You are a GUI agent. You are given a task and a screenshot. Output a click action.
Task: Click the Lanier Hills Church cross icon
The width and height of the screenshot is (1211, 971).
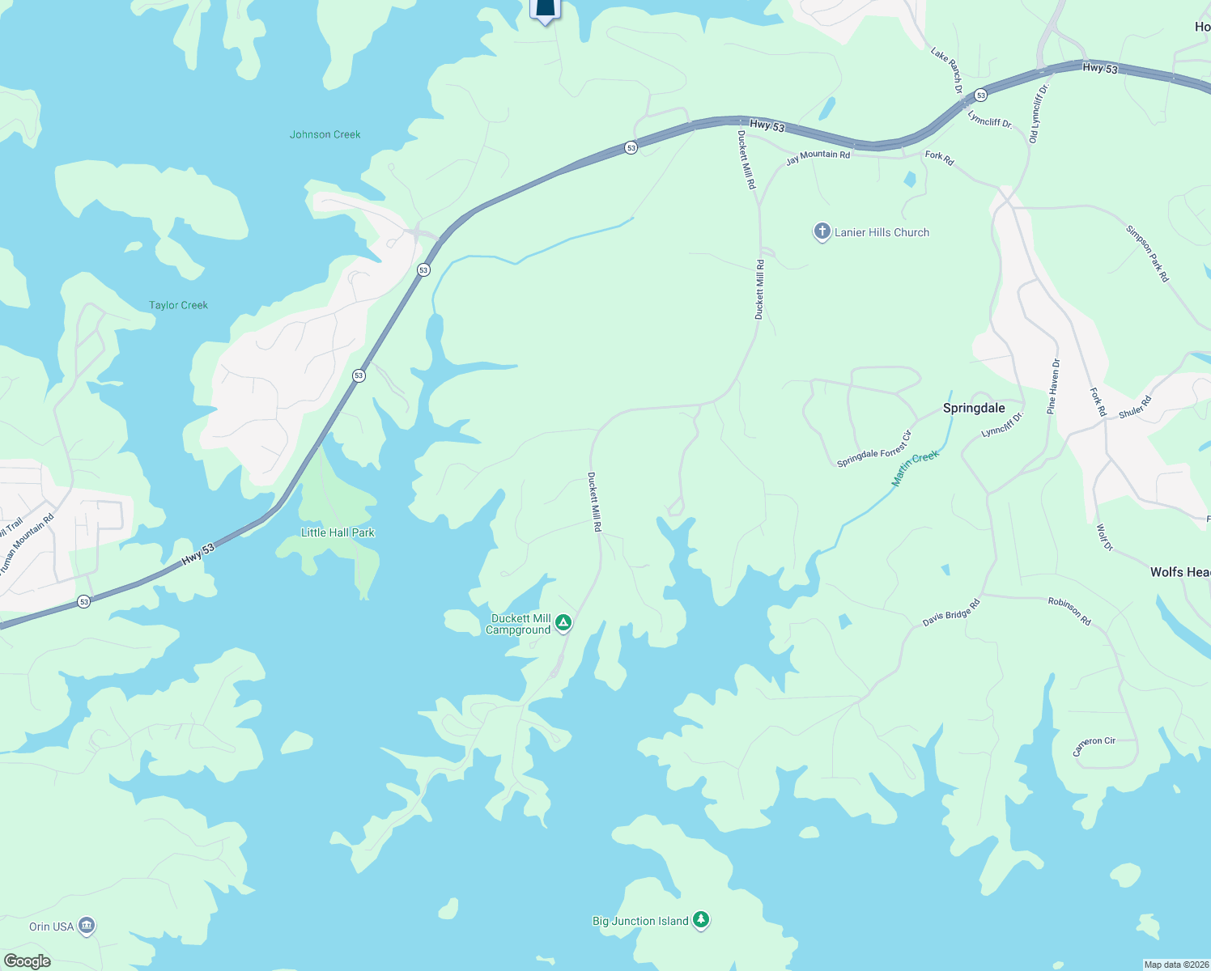coord(822,232)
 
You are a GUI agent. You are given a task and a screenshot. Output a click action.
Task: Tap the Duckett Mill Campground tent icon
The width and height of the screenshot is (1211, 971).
coord(564,623)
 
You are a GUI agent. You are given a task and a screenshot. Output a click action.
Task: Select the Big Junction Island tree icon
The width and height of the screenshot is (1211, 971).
coord(701,920)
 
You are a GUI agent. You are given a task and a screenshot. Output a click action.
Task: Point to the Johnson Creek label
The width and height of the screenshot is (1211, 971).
coord(325,134)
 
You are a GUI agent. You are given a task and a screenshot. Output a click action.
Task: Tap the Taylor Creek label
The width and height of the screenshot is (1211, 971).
coord(178,305)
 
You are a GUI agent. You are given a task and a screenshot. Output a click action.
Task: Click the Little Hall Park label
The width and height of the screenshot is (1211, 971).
coord(338,532)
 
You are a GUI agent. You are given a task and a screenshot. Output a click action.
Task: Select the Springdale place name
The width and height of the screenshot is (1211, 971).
coord(974,408)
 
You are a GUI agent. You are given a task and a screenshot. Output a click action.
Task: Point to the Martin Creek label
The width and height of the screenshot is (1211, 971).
coord(915,469)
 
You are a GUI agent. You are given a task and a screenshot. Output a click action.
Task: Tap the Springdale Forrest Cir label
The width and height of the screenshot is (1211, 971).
coord(874,449)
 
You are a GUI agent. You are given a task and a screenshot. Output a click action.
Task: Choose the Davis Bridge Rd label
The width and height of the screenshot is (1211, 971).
coord(951,613)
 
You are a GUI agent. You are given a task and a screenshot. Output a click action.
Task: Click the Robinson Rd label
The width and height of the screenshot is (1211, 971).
coord(1069,611)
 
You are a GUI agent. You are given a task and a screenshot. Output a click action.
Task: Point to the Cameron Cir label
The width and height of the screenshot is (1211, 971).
coord(1094,745)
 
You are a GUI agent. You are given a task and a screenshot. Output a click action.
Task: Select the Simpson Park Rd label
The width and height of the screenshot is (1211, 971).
coord(1148,253)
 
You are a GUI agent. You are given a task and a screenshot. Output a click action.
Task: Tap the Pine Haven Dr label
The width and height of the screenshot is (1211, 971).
coord(1053,387)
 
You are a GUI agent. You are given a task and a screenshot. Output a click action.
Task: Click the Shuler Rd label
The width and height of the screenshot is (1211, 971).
coord(1135,407)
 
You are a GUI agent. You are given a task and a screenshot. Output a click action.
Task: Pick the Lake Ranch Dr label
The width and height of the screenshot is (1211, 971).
coord(946,70)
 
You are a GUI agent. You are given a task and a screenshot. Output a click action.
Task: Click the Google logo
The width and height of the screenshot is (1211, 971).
coord(27,960)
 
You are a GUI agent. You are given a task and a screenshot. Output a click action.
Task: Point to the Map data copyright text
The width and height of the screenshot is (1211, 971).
coord(1175,965)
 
